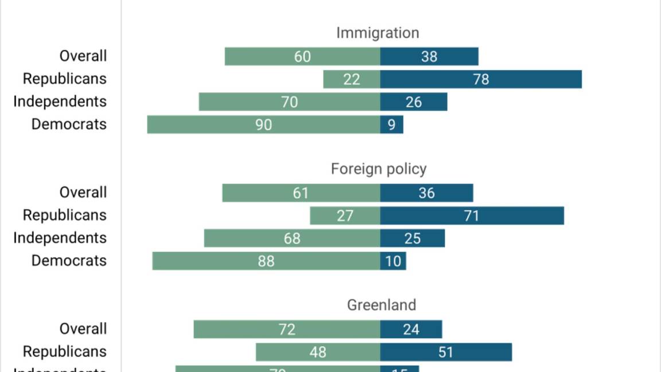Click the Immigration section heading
[378, 33]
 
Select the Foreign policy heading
[379, 169]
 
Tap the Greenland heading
[381, 305]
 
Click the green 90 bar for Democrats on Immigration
[263, 125]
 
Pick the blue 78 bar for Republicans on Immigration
[481, 79]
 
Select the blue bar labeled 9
[391, 125]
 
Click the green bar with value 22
[351, 79]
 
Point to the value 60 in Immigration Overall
[302, 56]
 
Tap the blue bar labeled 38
[429, 56]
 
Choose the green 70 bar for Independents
[289, 102]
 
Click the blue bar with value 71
[472, 216]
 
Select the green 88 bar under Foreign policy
[266, 261]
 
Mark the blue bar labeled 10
[393, 261]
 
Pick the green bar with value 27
[345, 216]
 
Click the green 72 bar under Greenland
[287, 330]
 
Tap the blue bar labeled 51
[446, 352]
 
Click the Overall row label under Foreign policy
[83, 192]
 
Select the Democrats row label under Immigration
[69, 124]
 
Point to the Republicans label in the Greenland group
[65, 351]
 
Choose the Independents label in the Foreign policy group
[60, 238]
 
